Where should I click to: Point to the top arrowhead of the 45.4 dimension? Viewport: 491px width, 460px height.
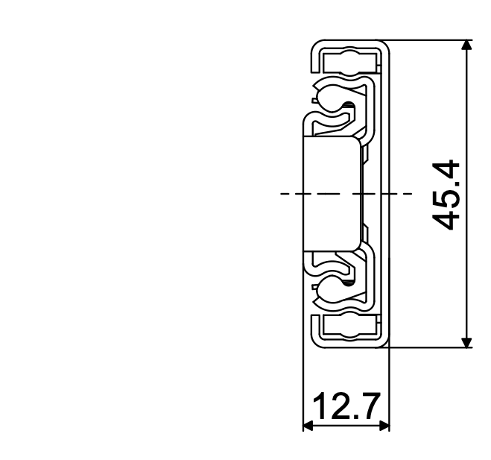pos(467,46)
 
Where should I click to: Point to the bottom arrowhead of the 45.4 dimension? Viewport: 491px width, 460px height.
pos(467,341)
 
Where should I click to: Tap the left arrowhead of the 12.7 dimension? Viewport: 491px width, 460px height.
pos(308,427)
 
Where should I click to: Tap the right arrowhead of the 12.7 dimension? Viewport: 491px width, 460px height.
pos(384,427)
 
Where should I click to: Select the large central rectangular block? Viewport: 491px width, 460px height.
pos(332,193)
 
